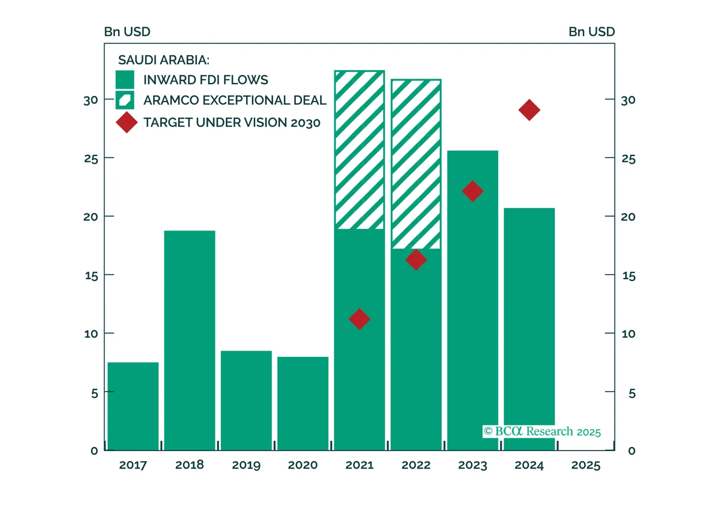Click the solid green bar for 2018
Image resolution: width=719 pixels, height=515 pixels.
(x=189, y=340)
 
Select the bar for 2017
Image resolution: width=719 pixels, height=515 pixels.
(x=133, y=406)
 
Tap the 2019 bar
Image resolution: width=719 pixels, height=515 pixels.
(x=246, y=400)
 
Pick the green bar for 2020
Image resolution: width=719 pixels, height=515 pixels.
(x=302, y=403)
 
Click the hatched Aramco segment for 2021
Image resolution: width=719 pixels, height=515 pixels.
(x=359, y=150)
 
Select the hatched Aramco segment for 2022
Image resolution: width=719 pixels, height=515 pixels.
(x=416, y=164)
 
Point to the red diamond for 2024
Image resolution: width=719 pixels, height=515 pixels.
(x=529, y=110)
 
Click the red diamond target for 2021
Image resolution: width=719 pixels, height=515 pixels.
(x=359, y=319)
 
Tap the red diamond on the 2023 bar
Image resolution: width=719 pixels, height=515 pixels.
(x=472, y=191)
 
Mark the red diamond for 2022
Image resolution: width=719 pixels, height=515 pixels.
(x=416, y=260)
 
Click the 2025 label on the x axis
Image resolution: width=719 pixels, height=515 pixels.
(x=586, y=465)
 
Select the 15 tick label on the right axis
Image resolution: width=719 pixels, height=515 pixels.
(x=629, y=276)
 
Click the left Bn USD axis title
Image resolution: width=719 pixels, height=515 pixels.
(x=127, y=32)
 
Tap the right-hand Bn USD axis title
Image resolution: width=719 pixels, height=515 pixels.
(x=591, y=32)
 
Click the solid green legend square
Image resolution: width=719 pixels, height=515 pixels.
(x=125, y=80)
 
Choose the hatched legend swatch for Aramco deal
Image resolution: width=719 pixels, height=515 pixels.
(x=125, y=100)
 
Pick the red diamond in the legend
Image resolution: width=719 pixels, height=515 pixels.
(x=127, y=122)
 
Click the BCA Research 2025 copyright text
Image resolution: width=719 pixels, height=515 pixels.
(x=542, y=431)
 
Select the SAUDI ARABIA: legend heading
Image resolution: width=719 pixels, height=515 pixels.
(x=164, y=60)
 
